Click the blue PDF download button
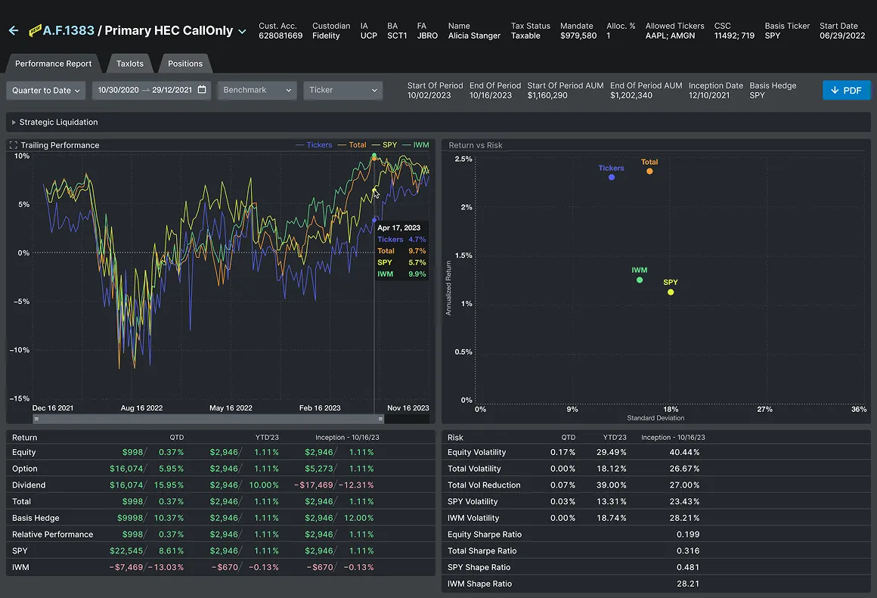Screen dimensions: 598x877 pos(846,90)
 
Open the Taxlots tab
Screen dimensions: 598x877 pos(130,64)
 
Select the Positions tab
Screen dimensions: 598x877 pos(185,64)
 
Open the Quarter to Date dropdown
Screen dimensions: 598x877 pos(46,91)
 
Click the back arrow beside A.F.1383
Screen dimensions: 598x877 pos(13,31)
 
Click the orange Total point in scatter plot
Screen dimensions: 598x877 pos(649,171)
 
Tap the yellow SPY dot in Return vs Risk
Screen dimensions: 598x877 pos(671,292)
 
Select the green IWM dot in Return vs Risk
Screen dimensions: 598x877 pos(640,280)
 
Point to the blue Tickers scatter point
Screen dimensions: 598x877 pos(612,177)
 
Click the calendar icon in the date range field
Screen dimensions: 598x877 pos(202,90)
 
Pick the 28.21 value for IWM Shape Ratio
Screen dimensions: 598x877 pos(688,584)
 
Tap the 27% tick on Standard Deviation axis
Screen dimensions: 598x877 pos(764,409)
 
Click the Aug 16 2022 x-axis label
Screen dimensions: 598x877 pos(142,408)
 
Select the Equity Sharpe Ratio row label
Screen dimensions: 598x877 pos(485,534)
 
